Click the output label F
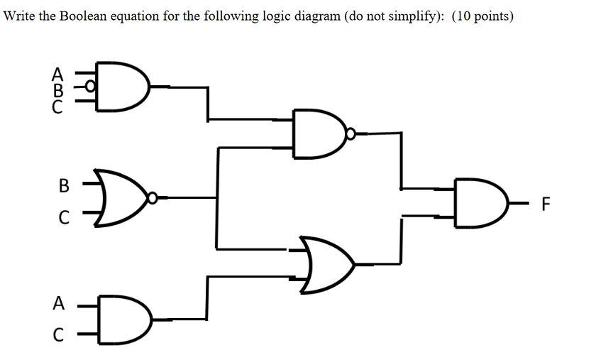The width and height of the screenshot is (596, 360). [545, 205]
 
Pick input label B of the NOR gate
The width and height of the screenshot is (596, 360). [64, 187]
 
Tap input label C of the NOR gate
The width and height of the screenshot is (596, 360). [64, 219]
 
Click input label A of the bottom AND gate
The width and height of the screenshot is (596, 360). [59, 303]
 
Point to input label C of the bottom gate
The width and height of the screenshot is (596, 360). [59, 334]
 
